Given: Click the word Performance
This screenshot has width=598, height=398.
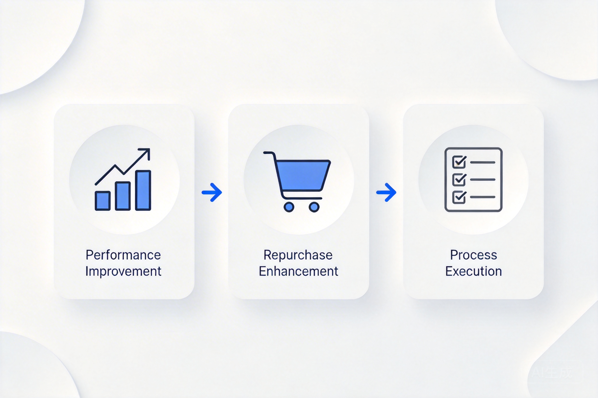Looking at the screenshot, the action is tap(123, 255).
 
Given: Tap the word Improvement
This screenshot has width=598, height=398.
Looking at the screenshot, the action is tap(123, 271).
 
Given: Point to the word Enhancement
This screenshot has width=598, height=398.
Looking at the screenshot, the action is tap(299, 271).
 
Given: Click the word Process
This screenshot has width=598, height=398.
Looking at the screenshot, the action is tap(473, 255).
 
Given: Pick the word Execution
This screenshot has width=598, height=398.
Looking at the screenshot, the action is tap(473, 271).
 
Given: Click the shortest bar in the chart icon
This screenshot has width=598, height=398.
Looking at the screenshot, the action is tap(103, 201).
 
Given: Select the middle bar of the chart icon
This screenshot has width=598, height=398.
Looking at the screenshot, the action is tap(123, 196).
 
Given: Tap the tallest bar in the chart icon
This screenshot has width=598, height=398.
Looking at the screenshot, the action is tap(143, 190).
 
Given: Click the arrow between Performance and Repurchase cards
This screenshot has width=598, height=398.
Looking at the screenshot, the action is tap(212, 192).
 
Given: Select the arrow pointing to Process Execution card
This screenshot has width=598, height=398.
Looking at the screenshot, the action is tap(386, 192).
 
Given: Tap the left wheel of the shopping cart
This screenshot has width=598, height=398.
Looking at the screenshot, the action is tap(289, 207).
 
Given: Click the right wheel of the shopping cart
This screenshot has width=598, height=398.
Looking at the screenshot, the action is tap(314, 207).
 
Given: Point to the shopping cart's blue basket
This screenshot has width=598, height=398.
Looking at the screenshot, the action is tap(303, 175).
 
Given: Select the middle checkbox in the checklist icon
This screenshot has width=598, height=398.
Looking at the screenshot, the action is tap(459, 180).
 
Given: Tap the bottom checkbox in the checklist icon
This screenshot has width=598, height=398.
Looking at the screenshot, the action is tap(459, 197).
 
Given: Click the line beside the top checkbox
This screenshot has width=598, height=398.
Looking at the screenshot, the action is tap(483, 162).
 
